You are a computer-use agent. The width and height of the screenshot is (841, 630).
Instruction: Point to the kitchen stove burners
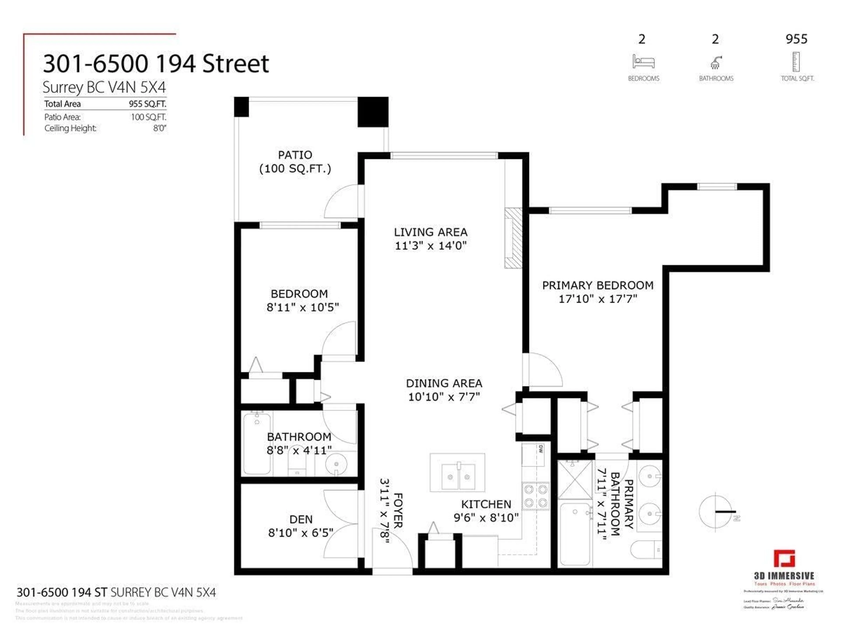click(x=535, y=496)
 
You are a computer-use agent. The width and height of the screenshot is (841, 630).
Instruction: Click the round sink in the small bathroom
click(x=336, y=464)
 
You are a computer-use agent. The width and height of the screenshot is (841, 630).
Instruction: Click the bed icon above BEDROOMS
click(x=643, y=62)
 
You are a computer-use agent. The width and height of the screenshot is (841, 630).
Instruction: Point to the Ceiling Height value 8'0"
click(x=160, y=128)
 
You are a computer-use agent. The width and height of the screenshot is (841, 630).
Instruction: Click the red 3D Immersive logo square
click(x=784, y=559)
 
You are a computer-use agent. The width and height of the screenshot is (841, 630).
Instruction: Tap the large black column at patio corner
click(x=373, y=112)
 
